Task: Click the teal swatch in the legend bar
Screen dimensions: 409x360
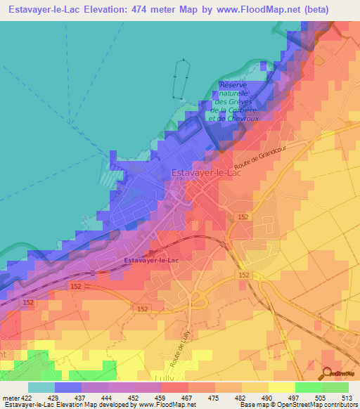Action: [x=41, y=387]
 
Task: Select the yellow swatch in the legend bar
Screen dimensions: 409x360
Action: [x=281, y=387]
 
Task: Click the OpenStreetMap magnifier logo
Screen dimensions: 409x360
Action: [x=328, y=372]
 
